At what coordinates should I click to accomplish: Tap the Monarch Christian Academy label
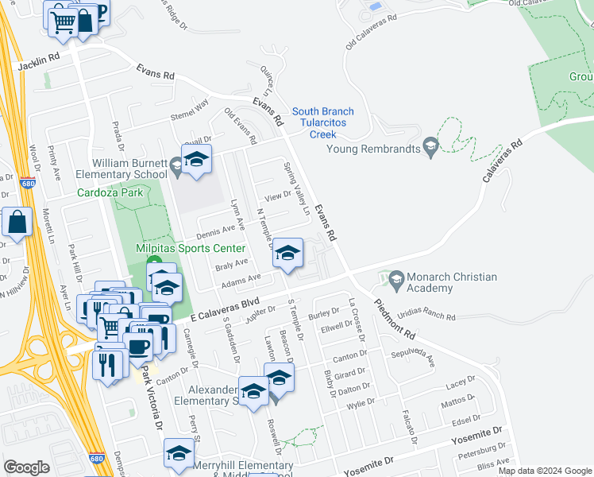452,283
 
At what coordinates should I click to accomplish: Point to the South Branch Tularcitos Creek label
323,122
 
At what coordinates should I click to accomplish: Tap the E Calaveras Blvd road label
225,305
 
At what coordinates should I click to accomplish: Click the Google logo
27,467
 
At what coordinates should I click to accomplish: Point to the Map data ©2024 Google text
544,471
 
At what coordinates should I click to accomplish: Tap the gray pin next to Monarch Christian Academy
395,278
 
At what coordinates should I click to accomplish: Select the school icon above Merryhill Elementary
179,453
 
